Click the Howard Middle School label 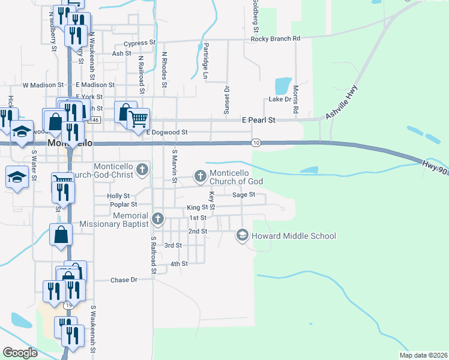pyautogui.click(x=294, y=236)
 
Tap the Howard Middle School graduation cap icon pyautogui.click(x=243, y=235)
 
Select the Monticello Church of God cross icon pyautogui.click(x=200, y=176)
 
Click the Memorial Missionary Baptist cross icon pyautogui.click(x=157, y=218)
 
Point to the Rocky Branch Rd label pyautogui.click(x=276, y=39)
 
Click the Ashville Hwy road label pyautogui.click(x=342, y=108)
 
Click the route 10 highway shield pyautogui.click(x=256, y=142)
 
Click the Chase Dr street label pyautogui.click(x=124, y=280)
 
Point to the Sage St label pyautogui.click(x=244, y=194)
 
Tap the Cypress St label pyautogui.click(x=139, y=44)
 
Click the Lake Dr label pyautogui.click(x=280, y=99)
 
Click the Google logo pyautogui.click(x=20, y=352)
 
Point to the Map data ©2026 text pyautogui.click(x=423, y=355)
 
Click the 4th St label pyautogui.click(x=179, y=263)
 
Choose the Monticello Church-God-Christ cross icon pyautogui.click(x=142, y=169)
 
